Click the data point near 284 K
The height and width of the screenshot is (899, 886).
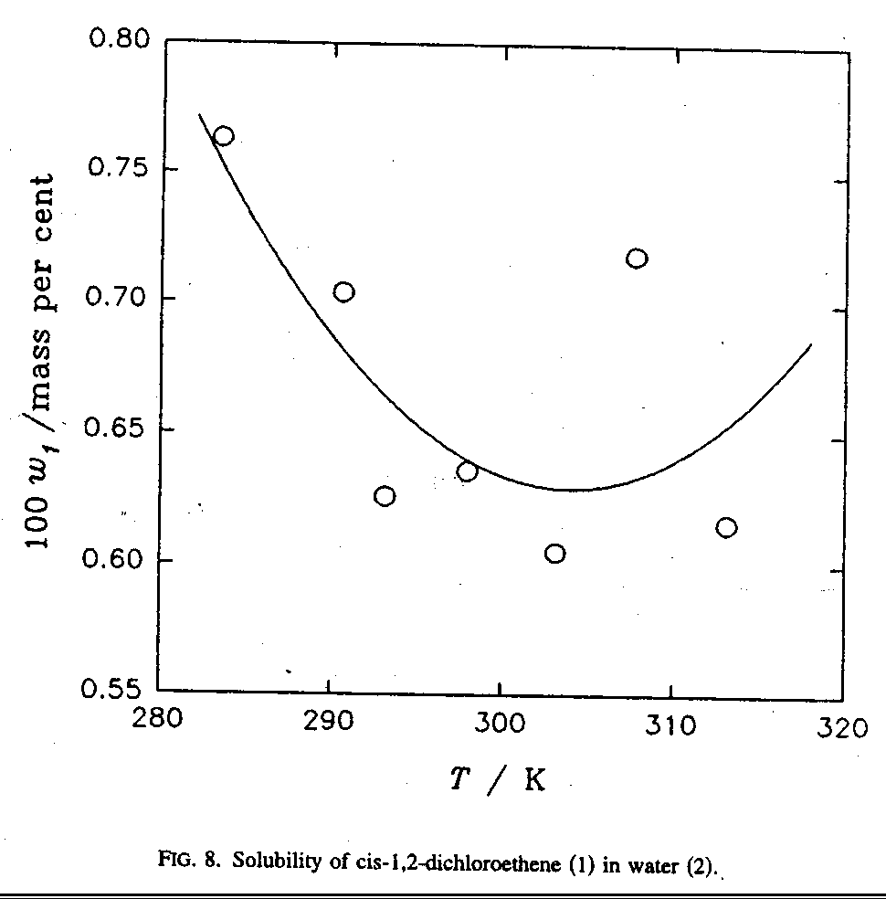coord(223,136)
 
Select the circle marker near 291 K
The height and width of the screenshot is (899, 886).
coord(343,292)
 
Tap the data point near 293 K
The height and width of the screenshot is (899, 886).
coord(385,496)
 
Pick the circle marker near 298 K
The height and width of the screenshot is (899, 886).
coord(467,471)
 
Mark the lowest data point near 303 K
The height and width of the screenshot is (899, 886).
coord(554,554)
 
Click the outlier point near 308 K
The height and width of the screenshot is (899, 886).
coord(637,259)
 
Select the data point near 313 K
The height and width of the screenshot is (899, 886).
coord(726,527)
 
